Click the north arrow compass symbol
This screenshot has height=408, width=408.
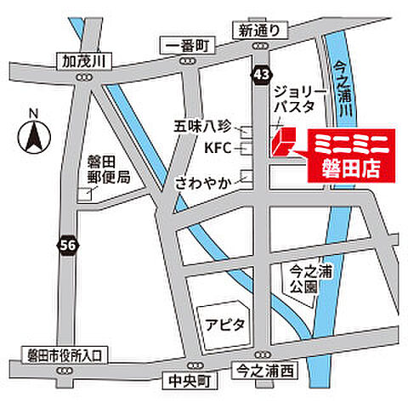click(32, 133)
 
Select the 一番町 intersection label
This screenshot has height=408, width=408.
click(182, 44)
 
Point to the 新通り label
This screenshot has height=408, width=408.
click(258, 31)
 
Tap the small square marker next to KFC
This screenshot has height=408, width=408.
click(246, 150)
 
